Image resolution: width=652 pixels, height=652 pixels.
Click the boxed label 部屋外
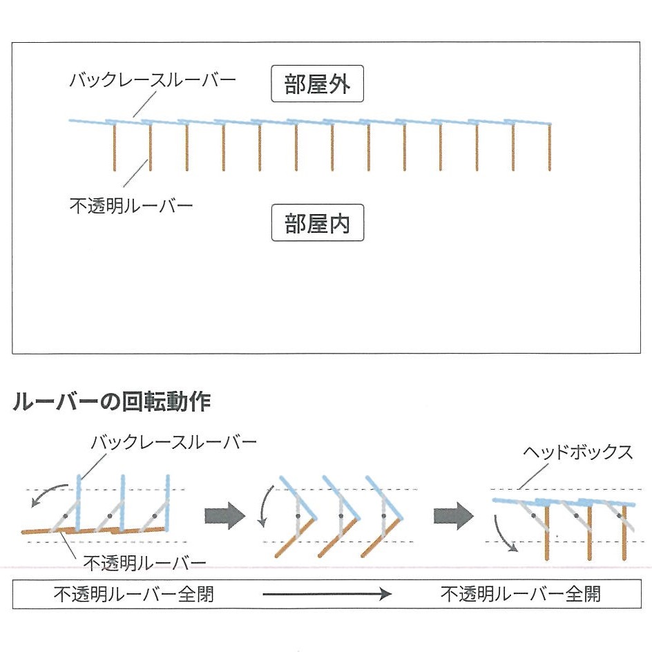(x=317, y=85)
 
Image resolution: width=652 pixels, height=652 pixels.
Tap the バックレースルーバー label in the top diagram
(x=152, y=80)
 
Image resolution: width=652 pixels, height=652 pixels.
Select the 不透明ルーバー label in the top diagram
(x=131, y=205)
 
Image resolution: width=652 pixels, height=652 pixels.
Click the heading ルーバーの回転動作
(x=111, y=402)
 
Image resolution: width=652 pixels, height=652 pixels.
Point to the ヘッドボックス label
(x=577, y=452)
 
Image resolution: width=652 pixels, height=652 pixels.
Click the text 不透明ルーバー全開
(x=521, y=594)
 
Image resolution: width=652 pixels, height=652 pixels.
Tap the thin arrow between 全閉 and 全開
(x=327, y=594)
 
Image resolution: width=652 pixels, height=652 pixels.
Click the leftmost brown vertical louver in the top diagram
(x=115, y=147)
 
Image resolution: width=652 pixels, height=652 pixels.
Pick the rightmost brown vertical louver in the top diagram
(x=550, y=147)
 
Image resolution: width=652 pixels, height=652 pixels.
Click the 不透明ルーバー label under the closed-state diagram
(x=144, y=562)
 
